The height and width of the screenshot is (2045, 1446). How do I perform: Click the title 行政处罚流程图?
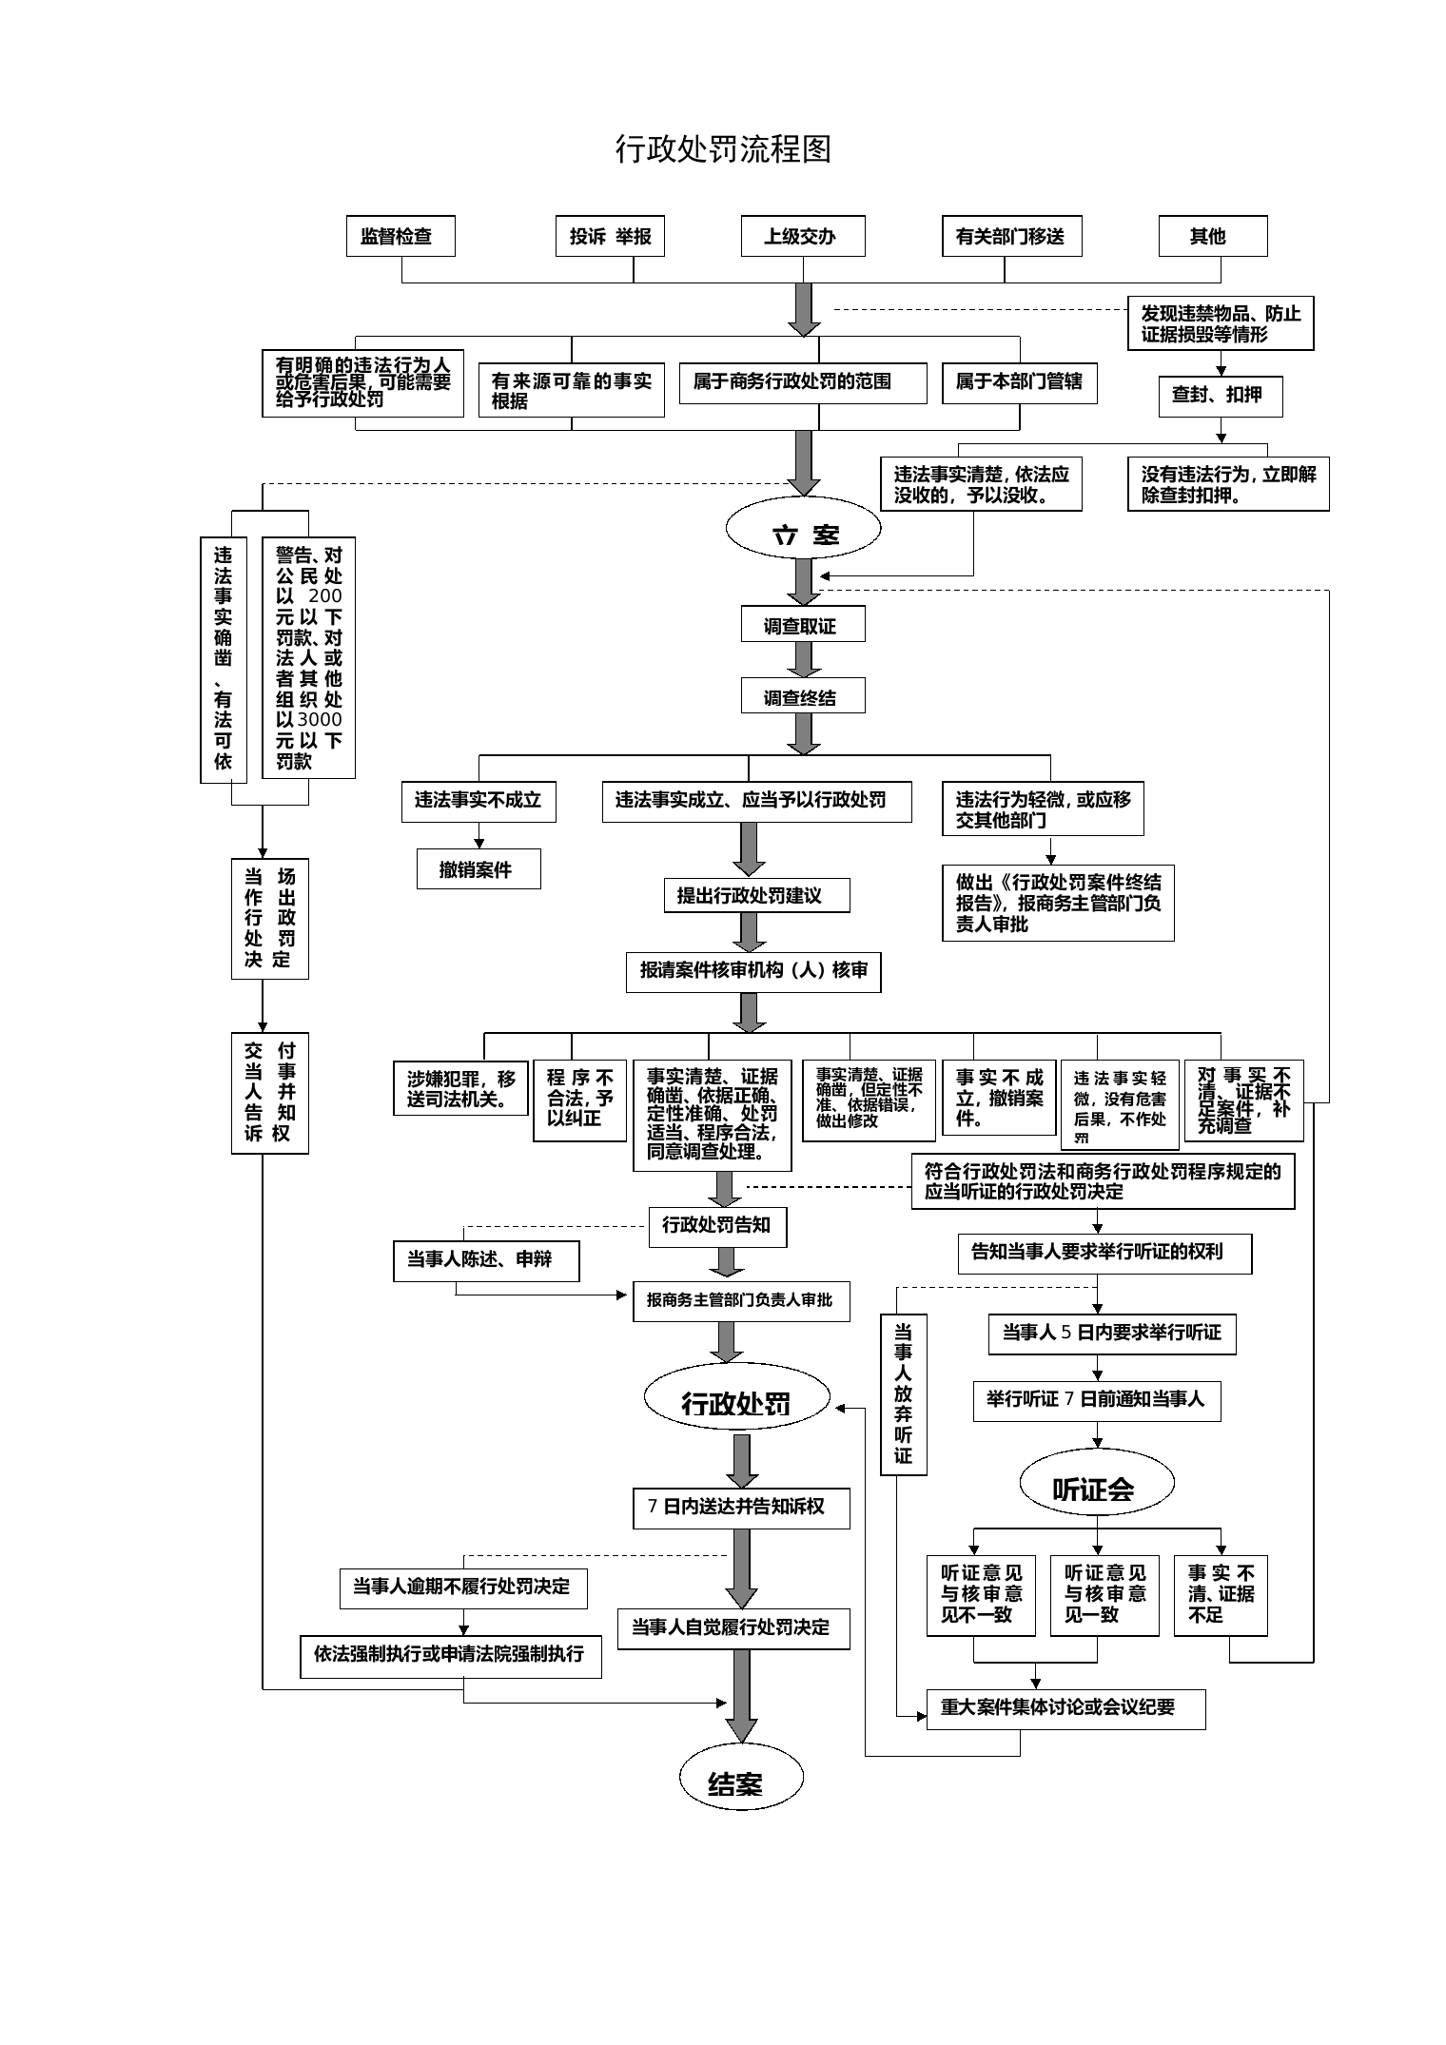[x=723, y=149]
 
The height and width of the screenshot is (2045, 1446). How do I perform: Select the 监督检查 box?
[x=401, y=236]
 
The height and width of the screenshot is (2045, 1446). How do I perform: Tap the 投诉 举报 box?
[x=610, y=236]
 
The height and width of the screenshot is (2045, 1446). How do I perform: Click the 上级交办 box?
[x=803, y=236]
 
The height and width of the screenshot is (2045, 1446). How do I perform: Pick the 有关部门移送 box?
[x=1010, y=236]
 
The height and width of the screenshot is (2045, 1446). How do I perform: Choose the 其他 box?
[x=1212, y=236]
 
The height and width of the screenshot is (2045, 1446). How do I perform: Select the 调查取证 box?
[x=803, y=625]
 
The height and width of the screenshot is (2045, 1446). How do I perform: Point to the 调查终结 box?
[x=803, y=696]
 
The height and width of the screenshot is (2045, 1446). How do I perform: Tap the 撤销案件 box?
[x=479, y=868]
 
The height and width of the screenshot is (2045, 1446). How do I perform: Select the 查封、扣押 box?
[x=1220, y=396]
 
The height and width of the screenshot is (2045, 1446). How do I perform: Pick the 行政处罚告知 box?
[x=717, y=1226]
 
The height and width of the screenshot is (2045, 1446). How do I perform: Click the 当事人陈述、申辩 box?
[x=486, y=1260]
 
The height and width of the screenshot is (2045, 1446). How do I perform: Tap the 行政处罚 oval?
[x=736, y=1403]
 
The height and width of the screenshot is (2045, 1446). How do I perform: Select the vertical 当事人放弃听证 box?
[x=903, y=1394]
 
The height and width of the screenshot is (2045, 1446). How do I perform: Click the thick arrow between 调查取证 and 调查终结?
[x=803, y=659]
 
